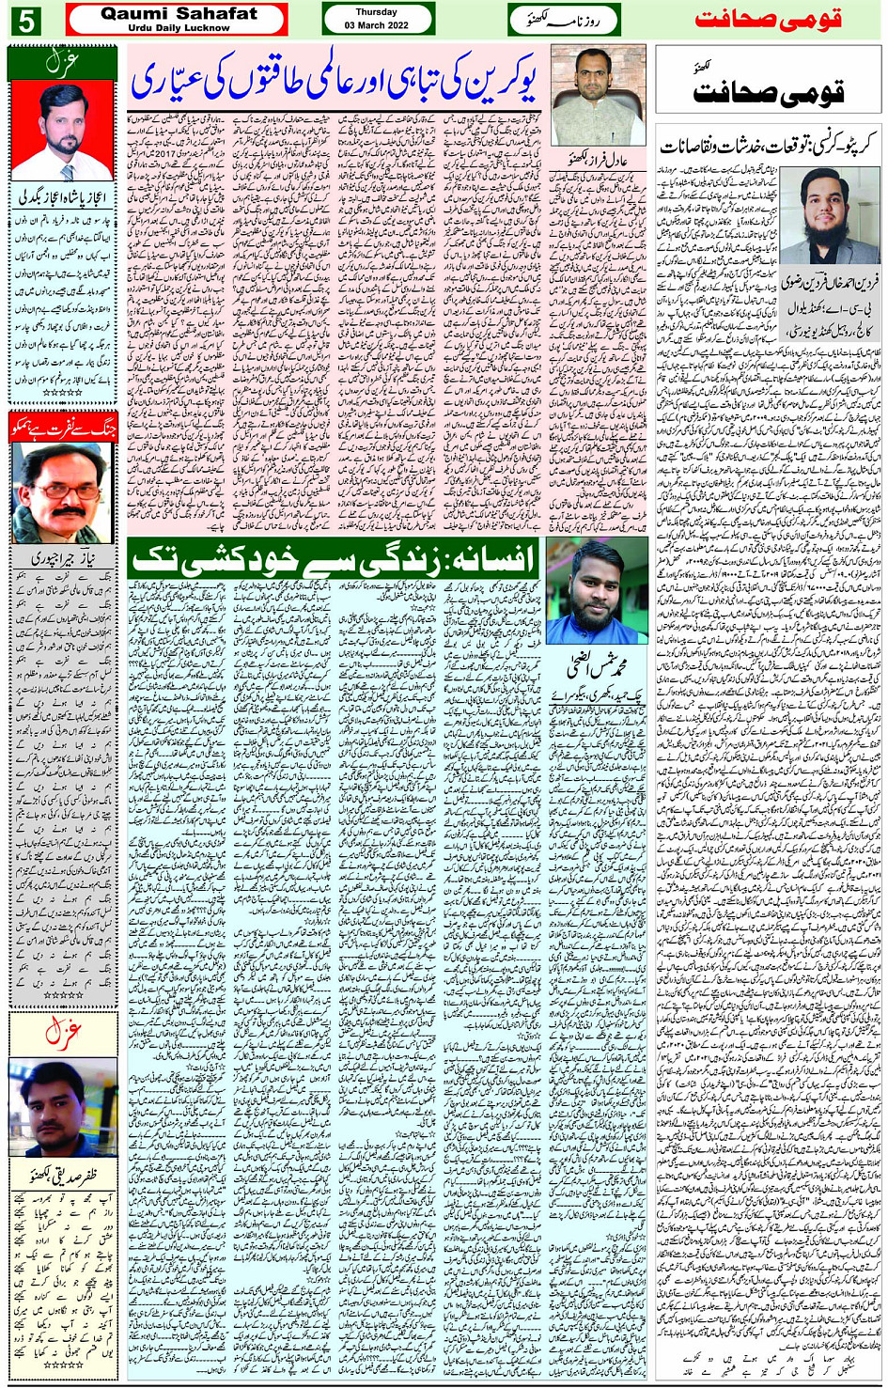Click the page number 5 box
pyautogui.click(x=25, y=20)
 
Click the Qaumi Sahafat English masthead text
pyautogui.click(x=178, y=14)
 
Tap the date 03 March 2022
pyautogui.click(x=377, y=25)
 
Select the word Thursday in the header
pyautogui.click(x=377, y=12)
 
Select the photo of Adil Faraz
pyautogui.click(x=598, y=94)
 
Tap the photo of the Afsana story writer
pyautogui.click(x=597, y=591)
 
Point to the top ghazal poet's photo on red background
pyautogui.click(x=62, y=132)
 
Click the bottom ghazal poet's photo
pyautogui.click(x=62, y=1106)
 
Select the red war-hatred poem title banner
pyautogui.click(x=62, y=427)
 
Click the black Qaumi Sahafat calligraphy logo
pyautogui.click(x=768, y=91)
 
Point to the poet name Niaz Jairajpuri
pyautogui.click(x=62, y=557)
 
